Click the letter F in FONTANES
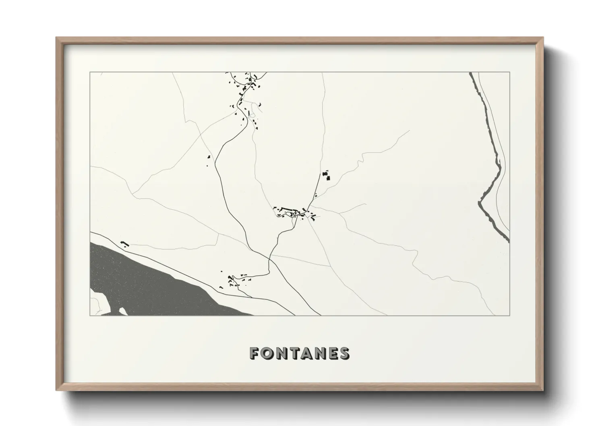pos(255,353)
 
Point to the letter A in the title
pos(306,353)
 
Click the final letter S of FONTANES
pos(344,353)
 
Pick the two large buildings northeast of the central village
pos(326,176)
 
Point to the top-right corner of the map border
pos(509,72)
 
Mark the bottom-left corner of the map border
pos(90,315)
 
